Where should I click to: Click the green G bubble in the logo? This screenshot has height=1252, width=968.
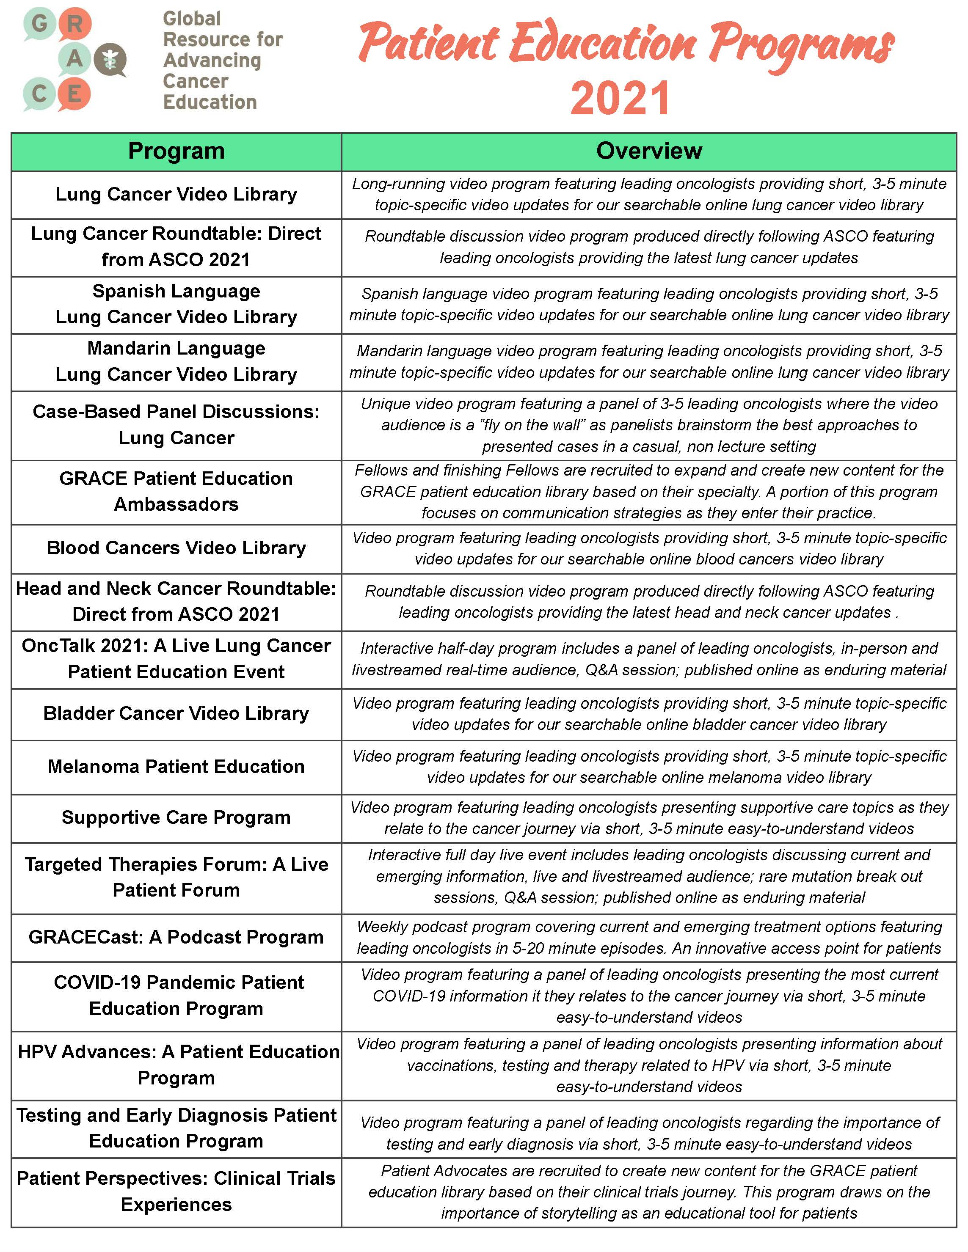pos(39,24)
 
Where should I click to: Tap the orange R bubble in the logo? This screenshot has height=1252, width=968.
pos(74,24)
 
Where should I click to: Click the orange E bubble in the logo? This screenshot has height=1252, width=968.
pos(74,94)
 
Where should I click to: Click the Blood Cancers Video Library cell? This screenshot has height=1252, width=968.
pos(176,548)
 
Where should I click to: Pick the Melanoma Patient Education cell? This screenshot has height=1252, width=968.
pos(176,767)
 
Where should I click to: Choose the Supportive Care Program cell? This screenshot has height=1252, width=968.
pos(176,818)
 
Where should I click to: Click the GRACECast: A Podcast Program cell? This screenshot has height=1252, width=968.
pos(176,937)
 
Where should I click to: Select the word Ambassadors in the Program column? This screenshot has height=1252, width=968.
pos(176,504)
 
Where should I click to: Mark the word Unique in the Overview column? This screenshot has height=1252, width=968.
pos(385,404)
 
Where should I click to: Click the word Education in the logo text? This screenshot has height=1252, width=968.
pos(210,102)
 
